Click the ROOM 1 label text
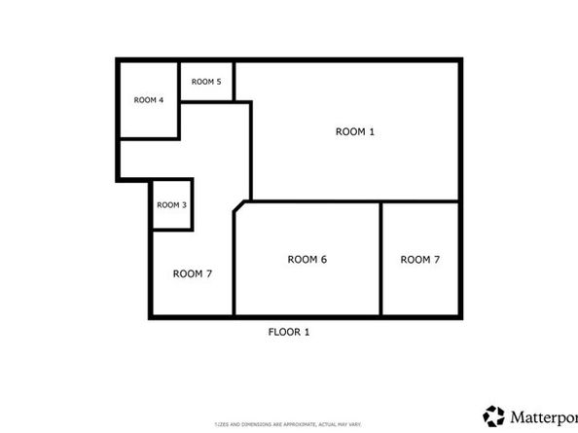354,131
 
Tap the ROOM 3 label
172,204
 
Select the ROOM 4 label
148,100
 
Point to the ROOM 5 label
206,82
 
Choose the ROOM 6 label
307,259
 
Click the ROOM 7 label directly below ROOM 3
193,273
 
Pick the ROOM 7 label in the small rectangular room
420,259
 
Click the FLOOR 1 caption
289,332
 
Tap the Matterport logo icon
494,415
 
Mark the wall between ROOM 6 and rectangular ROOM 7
380,259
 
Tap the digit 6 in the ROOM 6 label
323,259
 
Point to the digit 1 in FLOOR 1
307,332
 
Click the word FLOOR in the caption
282,332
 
